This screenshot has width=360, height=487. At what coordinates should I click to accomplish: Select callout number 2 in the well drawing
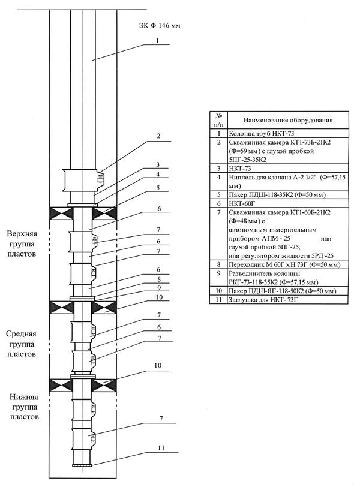click(x=159, y=137)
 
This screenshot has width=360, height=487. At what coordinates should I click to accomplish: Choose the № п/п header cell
click(x=219, y=120)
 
